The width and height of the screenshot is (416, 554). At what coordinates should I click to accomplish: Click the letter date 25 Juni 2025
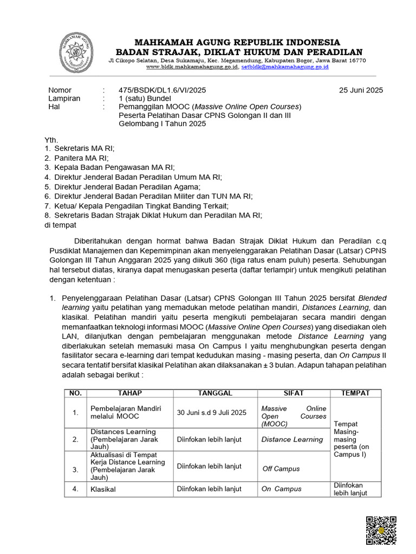point(361,90)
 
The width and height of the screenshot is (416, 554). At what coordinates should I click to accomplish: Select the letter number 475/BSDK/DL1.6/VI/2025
point(162,90)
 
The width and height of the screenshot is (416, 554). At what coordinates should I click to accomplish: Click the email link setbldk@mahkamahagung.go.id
point(284,67)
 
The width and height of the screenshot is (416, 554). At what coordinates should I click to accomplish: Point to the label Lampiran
point(64,98)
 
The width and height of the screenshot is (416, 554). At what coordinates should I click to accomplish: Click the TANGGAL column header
point(214,393)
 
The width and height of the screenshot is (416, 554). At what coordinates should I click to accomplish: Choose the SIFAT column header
point(294,393)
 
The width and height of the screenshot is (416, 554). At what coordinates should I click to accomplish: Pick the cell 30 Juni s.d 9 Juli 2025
point(211,413)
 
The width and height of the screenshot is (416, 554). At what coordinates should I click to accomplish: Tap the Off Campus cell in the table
point(281,469)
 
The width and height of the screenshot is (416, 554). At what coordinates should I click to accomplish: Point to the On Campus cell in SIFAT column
point(281,489)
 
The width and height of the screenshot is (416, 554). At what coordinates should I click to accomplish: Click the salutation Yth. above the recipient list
point(51,140)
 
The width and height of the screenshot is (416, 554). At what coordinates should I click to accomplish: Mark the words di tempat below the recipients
point(61,225)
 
